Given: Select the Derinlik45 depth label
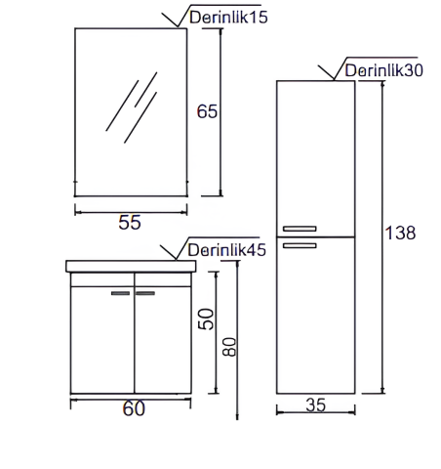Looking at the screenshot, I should [226, 250].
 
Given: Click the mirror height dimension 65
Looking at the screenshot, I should [207, 111].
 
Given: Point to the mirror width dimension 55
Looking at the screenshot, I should [130, 222].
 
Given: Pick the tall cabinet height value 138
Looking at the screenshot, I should [401, 233].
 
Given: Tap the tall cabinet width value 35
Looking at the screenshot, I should [314, 405].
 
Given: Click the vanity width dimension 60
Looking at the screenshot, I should [134, 409].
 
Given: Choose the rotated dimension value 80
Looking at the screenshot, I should [228, 347].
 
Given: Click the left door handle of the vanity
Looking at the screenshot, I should [121, 292].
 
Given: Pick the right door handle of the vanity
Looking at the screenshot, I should [146, 292].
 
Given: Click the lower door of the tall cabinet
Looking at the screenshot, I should [315, 322].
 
